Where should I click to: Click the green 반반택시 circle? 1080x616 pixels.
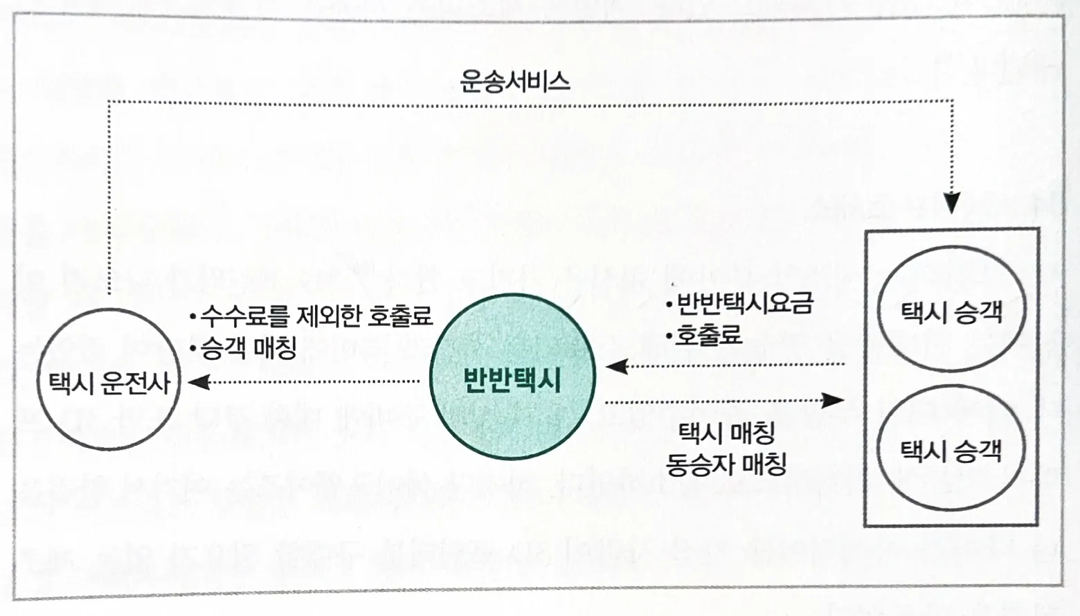pos(512,377)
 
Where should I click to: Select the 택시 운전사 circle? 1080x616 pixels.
pos(109,381)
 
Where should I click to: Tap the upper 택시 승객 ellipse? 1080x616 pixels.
pos(951,310)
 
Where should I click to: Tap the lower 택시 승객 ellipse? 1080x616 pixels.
pos(951,451)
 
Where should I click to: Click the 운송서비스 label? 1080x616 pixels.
pos(514,82)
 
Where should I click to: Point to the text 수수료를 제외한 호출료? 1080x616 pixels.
pos(316,316)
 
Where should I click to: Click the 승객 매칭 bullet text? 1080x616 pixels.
pos(248,346)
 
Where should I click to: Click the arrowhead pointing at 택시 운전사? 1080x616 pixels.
pos(199,381)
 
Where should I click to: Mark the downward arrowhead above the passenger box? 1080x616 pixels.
pos(952,203)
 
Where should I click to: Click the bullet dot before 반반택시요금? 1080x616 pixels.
pos(669,305)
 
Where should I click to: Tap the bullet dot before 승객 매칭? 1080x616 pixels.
pos(193,347)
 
